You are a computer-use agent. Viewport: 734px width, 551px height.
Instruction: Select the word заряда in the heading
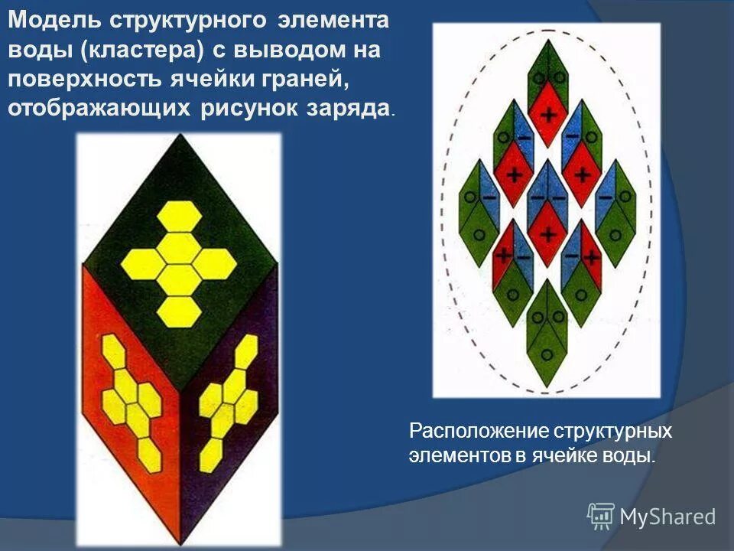pyautogui.click(x=350, y=108)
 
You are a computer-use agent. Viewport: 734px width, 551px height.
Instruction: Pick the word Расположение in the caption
pyautogui.click(x=474, y=431)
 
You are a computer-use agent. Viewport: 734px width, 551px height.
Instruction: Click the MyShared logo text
pyautogui.click(x=667, y=517)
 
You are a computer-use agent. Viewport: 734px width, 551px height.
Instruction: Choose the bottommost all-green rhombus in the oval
pyautogui.click(x=547, y=325)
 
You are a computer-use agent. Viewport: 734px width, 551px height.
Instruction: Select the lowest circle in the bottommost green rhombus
pyautogui.click(x=548, y=354)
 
